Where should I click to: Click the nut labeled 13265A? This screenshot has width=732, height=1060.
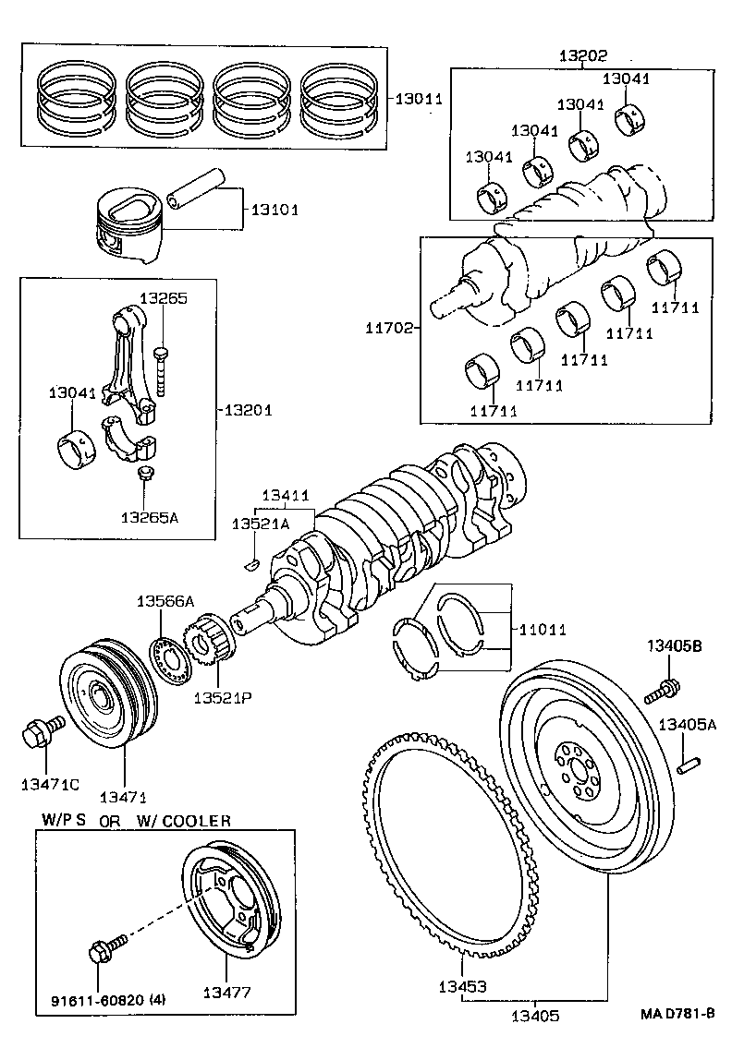click(146, 476)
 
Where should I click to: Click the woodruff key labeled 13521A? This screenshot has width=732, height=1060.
click(249, 564)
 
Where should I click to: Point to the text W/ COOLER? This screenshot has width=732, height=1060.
click(184, 820)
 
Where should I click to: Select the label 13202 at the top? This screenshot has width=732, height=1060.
click(582, 54)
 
